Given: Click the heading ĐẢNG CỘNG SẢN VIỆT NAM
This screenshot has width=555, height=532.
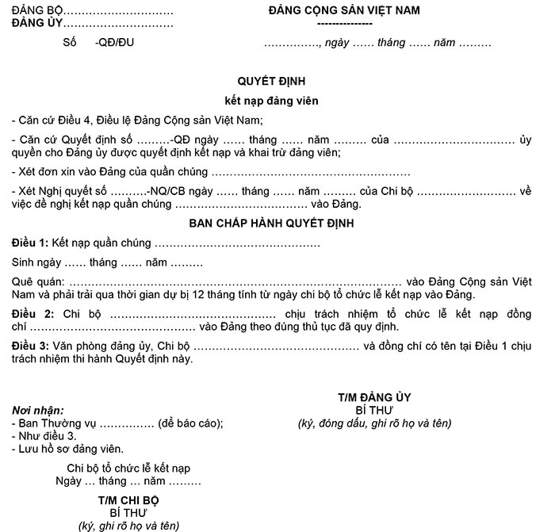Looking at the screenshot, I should tap(344, 10).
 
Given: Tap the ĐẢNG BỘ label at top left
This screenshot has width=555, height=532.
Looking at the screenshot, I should tap(36, 11).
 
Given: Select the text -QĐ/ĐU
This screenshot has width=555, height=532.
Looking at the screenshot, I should tap(114, 43).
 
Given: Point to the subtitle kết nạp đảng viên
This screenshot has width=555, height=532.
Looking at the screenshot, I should tap(271, 101).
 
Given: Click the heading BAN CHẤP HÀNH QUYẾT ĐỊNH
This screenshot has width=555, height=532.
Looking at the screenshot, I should tap(271, 223).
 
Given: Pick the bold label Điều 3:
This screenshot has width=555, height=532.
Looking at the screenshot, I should tap(30, 346).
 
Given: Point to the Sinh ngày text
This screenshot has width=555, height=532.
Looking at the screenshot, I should tap(36, 262).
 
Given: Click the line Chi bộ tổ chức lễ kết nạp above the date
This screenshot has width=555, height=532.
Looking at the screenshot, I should tap(128, 468).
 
